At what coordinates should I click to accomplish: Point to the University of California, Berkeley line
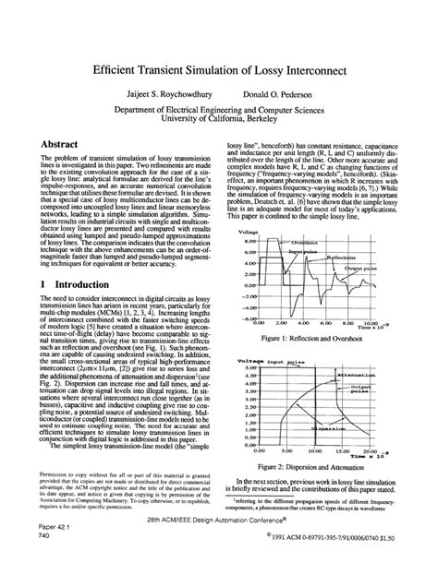coord(218,119)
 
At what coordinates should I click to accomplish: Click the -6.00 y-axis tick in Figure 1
coord(247,318)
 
